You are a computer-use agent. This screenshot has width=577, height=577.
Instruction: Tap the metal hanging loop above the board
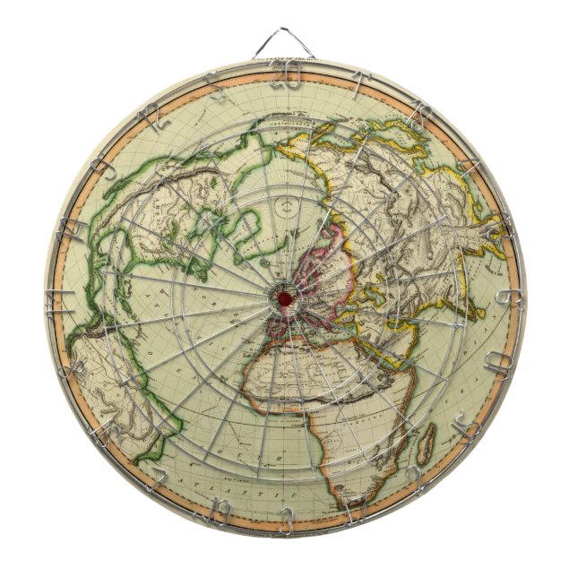pyautogui.click(x=288, y=43)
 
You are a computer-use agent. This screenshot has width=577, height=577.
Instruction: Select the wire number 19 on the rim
pyautogui.click(x=220, y=506)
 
